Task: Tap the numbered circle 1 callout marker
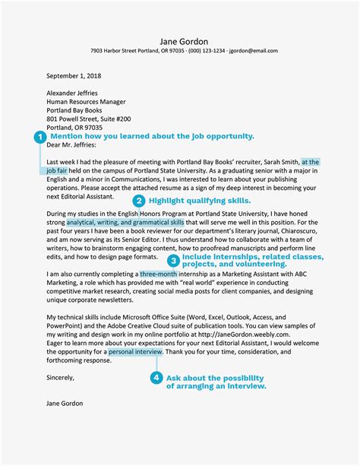pyautogui.click(x=39, y=137)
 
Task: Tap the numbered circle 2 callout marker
pyautogui.click(x=139, y=201)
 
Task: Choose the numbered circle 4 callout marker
pyautogui.click(x=156, y=378)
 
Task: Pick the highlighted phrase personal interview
pyautogui.click(x=135, y=353)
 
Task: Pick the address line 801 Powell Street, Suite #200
pyautogui.click(x=88, y=119)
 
